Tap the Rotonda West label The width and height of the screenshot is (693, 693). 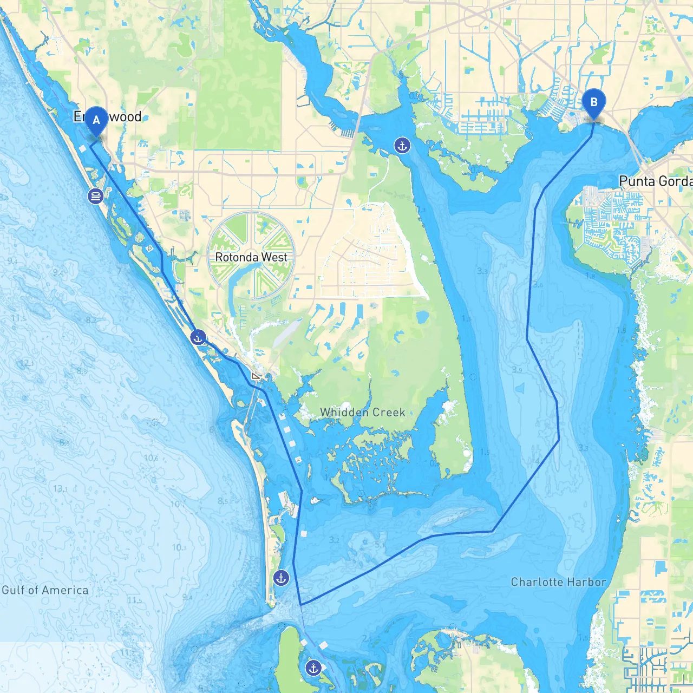(251, 257)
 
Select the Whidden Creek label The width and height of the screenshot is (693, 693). (362, 412)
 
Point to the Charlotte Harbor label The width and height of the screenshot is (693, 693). (558, 582)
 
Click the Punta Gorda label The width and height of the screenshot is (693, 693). (655, 181)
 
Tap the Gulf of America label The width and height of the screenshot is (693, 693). (45, 590)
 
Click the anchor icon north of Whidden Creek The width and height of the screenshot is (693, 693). (402, 145)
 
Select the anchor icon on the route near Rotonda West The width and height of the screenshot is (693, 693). (198, 337)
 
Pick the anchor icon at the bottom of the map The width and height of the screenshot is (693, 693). (313, 668)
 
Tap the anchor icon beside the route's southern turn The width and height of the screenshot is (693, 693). (280, 578)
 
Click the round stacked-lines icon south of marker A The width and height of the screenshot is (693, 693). (95, 196)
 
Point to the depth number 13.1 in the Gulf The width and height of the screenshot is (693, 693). (61, 488)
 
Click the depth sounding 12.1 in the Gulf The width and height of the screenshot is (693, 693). (25, 363)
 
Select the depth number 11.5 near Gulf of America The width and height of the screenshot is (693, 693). (135, 600)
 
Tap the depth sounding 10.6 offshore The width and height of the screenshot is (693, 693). (151, 458)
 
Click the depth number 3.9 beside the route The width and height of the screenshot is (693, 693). (517, 370)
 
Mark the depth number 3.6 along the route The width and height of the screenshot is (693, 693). (538, 284)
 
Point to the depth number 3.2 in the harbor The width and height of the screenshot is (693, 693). (334, 540)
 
